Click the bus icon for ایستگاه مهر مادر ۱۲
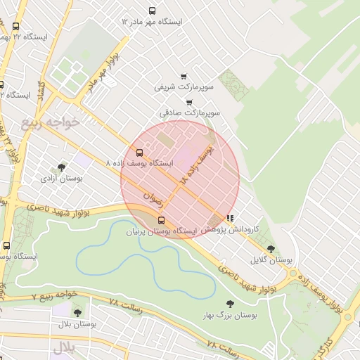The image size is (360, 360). tap(153, 11)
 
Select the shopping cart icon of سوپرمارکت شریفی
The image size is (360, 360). tap(184, 77)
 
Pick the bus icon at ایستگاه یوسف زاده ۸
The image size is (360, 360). tap(139, 152)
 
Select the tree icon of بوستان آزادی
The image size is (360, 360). tap(62, 167)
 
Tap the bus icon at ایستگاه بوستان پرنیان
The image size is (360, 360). tap(162, 220)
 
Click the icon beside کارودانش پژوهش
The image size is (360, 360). tap(230, 219)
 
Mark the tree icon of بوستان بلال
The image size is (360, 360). tap(77, 313)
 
